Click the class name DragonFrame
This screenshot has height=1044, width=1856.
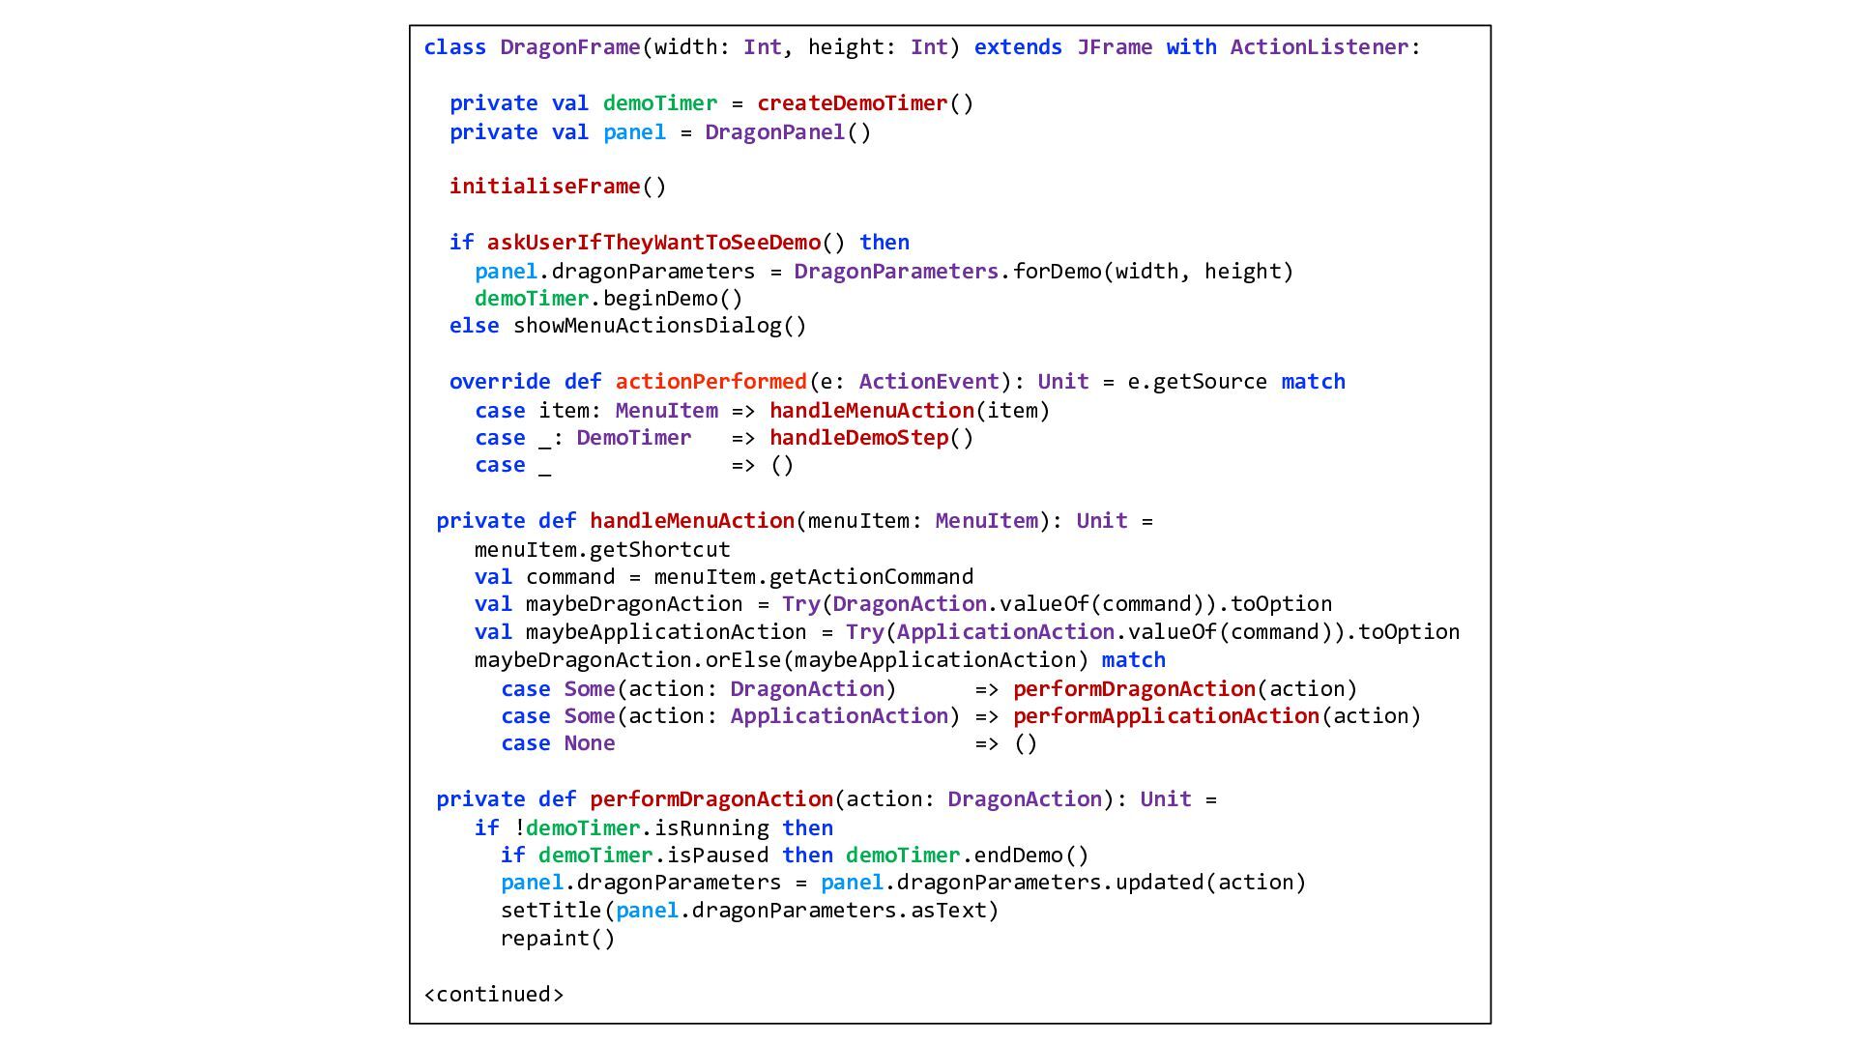pos(569,47)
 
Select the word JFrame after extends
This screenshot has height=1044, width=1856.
pos(1115,47)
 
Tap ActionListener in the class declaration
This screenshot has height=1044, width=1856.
pos(1319,47)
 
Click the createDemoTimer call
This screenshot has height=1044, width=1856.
pos(852,103)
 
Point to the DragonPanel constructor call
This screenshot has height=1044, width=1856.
pos(775,132)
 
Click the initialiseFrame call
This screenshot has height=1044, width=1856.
pos(544,187)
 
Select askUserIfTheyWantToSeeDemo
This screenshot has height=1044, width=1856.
pos(653,243)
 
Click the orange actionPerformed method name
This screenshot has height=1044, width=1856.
pos(710,382)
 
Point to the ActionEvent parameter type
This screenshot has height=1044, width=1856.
pos(928,382)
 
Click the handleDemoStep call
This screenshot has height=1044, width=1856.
pos(858,438)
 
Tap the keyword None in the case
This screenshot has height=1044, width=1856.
pos(590,743)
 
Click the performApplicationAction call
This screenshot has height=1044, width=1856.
pos(1166,716)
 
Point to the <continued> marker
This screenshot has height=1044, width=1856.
pos(494,995)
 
